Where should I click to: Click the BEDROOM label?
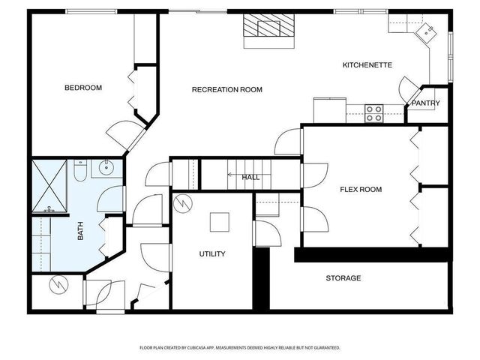click(83, 88)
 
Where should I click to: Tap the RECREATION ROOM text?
click(226, 90)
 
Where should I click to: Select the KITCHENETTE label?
click(367, 65)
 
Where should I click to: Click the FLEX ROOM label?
click(361, 190)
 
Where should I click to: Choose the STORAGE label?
click(343, 278)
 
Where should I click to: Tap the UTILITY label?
click(212, 254)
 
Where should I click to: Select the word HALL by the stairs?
click(250, 178)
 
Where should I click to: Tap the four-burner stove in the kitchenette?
click(374, 113)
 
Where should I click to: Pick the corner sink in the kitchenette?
click(427, 31)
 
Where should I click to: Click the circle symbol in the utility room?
click(183, 202)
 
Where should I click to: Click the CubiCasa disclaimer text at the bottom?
click(240, 348)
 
